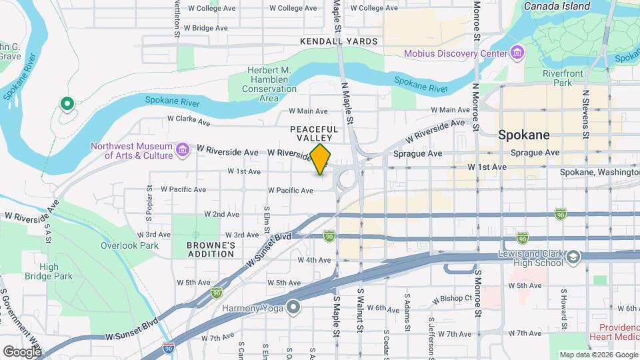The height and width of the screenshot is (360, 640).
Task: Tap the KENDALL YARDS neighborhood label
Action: [x=339, y=41]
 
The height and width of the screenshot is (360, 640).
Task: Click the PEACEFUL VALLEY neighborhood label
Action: [x=314, y=133]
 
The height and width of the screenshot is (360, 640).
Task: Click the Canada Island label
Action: [x=557, y=6]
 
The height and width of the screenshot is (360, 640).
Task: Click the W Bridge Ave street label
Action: [x=206, y=28]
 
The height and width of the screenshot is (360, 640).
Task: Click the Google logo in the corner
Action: [x=22, y=351]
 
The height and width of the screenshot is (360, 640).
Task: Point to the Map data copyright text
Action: [x=597, y=354]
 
